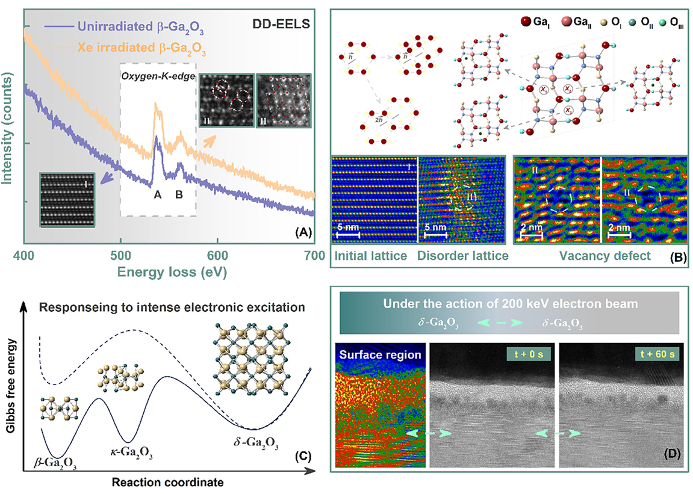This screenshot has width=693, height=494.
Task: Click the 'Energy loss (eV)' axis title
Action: coord(169,271)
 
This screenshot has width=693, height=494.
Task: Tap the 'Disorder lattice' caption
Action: coord(462,256)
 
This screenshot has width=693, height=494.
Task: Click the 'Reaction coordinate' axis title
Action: coord(163,482)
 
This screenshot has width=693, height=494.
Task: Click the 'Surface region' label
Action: coord(381,355)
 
